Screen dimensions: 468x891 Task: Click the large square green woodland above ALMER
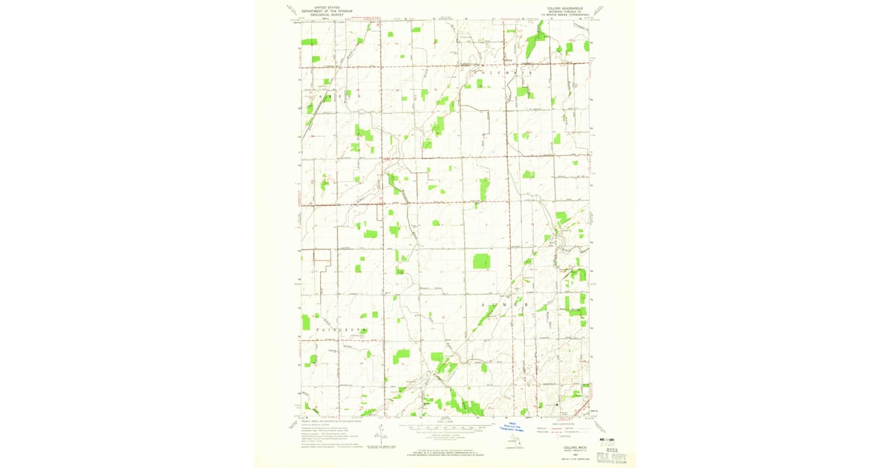482,261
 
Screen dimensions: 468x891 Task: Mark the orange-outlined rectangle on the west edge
321,256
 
